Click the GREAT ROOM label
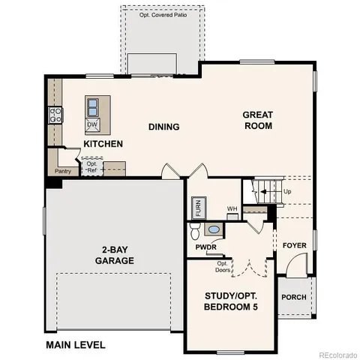pos(257,120)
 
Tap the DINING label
pos(163,127)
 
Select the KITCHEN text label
pos(103,143)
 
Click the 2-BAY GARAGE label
pos(114,256)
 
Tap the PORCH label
pos(294,297)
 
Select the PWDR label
pos(205,246)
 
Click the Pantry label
pos(63,171)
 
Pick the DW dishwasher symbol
pos(93,124)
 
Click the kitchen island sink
pos(93,106)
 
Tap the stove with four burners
pos(55,115)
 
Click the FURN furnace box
pos(197,206)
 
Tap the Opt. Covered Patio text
pos(164,14)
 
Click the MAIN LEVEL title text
pos(76,346)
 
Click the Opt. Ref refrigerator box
pos(91,166)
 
